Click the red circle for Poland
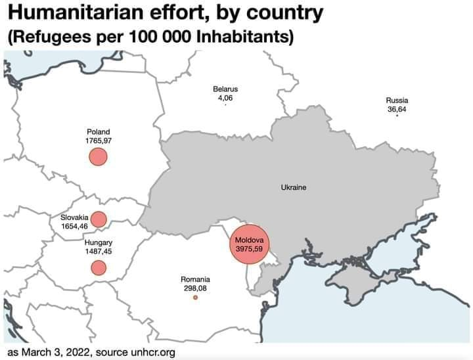pos(98,157)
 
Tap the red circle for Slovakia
pos(99,219)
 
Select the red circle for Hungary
pos(99,267)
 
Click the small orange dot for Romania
pos(195,298)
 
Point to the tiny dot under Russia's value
pos(397,116)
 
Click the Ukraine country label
pos(294,188)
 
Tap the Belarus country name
pos(225,89)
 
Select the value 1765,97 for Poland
pos(99,141)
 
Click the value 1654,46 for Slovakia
pos(74,226)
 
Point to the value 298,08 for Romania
pos(195,288)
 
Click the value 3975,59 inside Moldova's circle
pos(250,249)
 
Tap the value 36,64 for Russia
pos(397,109)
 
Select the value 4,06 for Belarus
pos(225,98)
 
